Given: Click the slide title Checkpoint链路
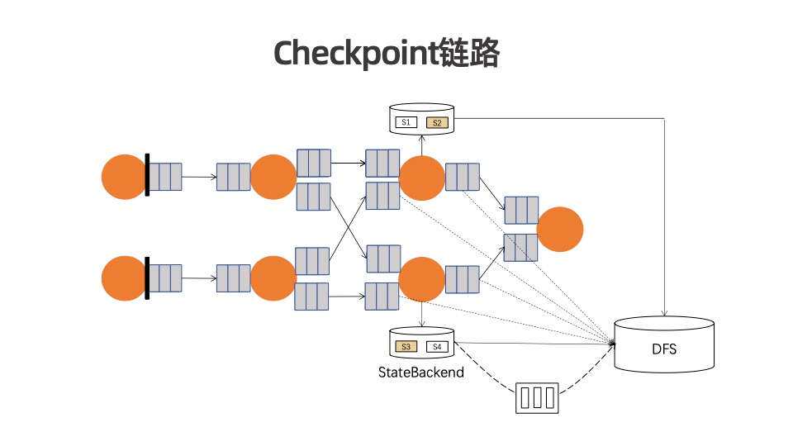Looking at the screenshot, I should (387, 54).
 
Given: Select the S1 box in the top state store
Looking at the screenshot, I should (406, 122).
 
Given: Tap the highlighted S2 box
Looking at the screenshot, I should (437, 122).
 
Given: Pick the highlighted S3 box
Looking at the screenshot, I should (406, 346).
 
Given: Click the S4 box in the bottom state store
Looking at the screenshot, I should (437, 346).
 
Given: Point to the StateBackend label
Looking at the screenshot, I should (420, 372).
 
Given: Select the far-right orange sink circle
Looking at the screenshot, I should (560, 229).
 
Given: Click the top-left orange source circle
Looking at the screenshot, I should (124, 177).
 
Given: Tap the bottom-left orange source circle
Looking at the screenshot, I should (124, 278).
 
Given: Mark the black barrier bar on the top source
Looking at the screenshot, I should (147, 175).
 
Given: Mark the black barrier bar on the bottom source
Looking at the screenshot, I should (147, 278).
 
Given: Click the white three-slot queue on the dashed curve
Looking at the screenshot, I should (537, 397).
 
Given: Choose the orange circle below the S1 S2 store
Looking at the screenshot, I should (421, 178).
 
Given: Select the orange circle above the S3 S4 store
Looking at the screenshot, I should (421, 279).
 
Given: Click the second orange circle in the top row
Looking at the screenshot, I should (273, 177).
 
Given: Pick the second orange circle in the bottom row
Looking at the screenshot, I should (273, 279).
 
